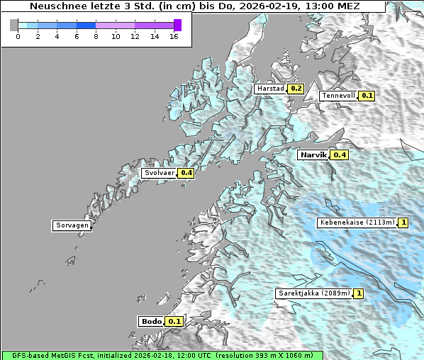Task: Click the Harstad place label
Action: (270, 89)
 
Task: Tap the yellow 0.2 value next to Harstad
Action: (296, 89)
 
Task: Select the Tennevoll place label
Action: (338, 96)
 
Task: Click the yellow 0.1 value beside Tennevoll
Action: (367, 96)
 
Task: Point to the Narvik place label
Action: (313, 154)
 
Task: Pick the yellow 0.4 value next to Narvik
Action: (340, 154)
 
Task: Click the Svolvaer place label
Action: (160, 173)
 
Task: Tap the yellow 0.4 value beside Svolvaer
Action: (186, 173)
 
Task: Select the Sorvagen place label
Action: (72, 226)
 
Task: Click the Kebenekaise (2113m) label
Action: (357, 223)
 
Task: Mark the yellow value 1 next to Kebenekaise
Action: (403, 223)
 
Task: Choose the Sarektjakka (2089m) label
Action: (313, 293)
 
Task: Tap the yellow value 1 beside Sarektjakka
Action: (359, 293)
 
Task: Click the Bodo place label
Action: (152, 321)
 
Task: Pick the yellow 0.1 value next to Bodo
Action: (174, 321)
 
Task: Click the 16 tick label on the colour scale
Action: (174, 36)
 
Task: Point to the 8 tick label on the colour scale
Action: (96, 36)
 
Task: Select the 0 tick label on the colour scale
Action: (18, 36)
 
